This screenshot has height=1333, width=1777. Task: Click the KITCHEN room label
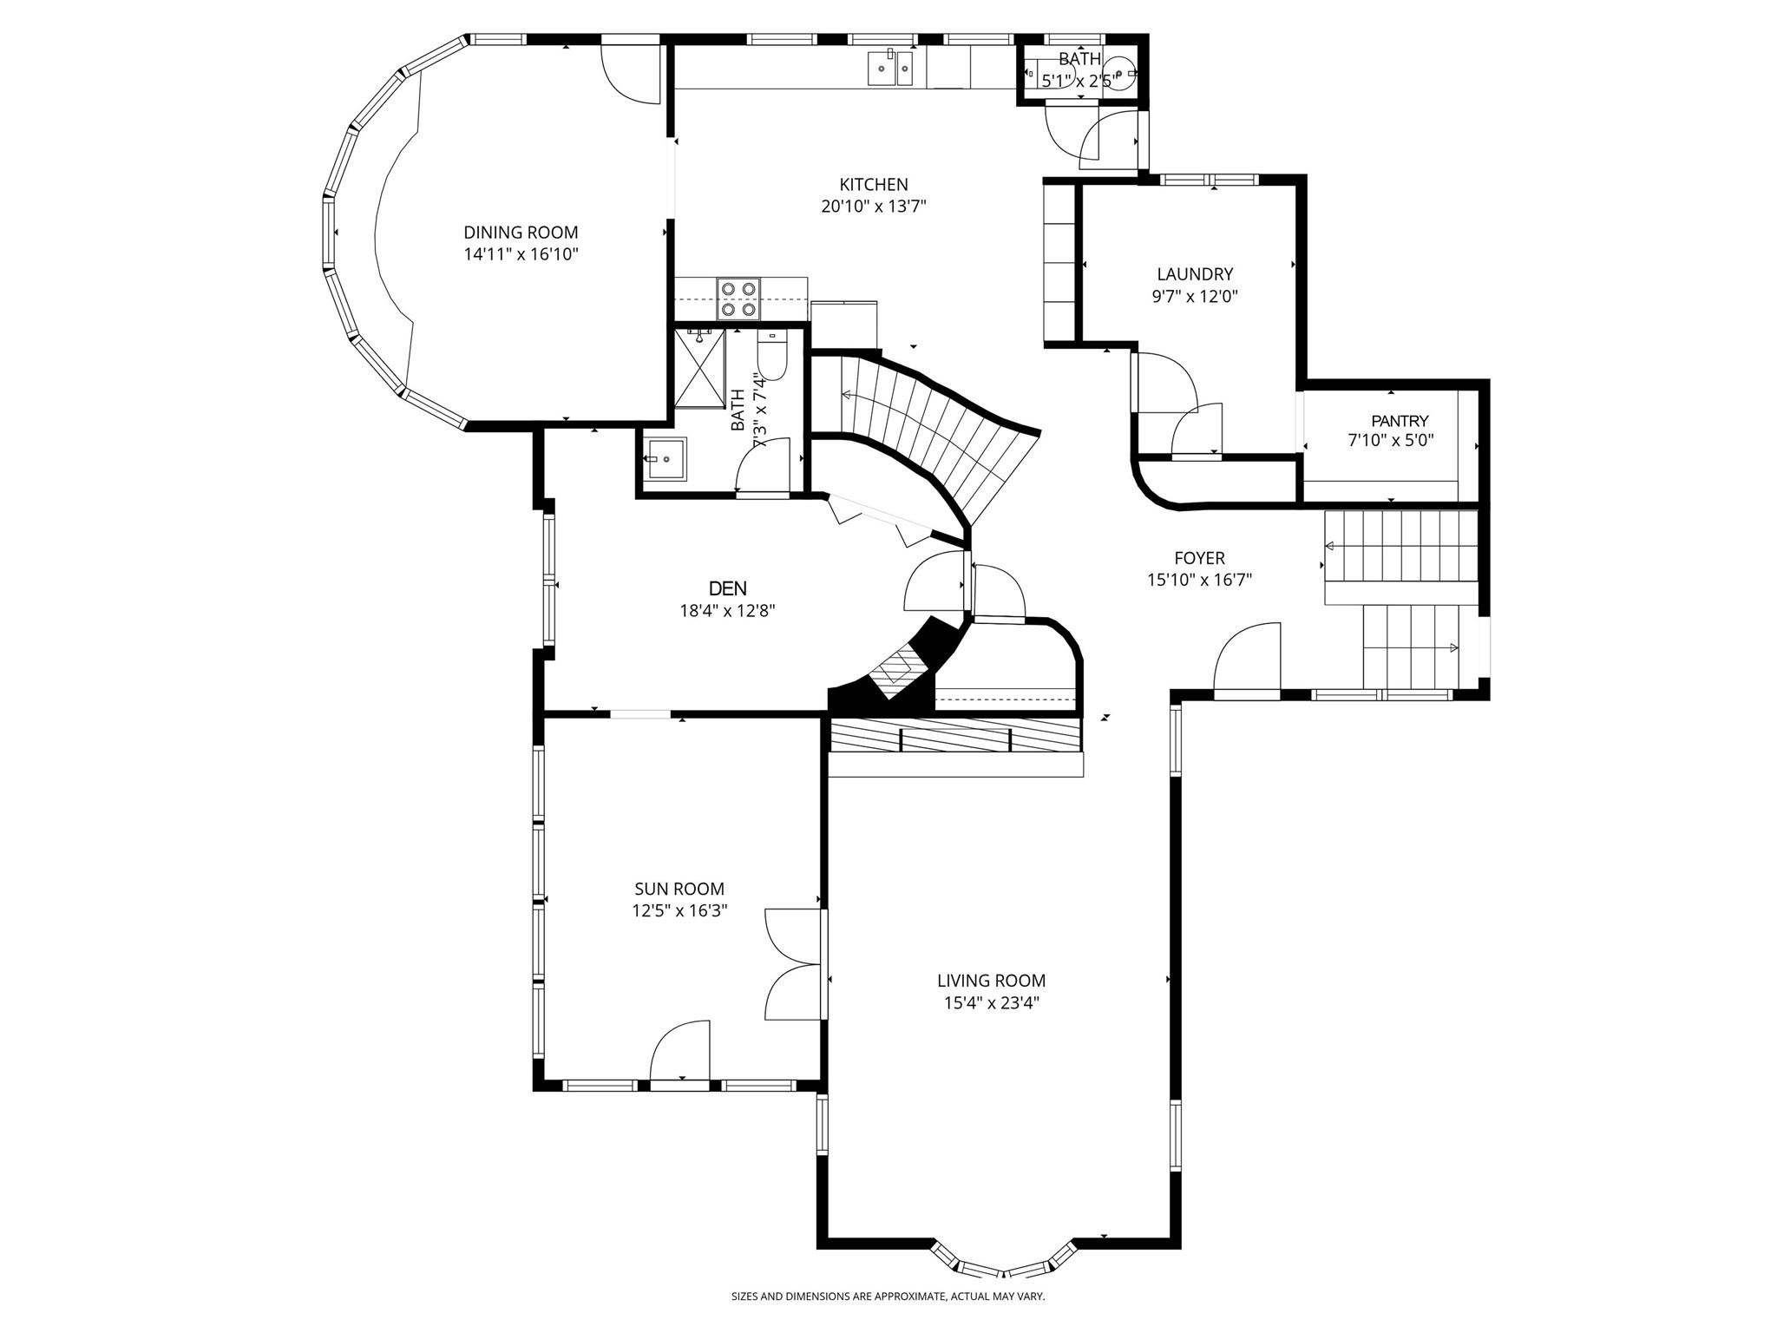pos(873,185)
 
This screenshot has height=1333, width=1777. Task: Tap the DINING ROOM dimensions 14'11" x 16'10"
pos(521,254)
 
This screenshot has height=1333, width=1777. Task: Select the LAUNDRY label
pos(1194,274)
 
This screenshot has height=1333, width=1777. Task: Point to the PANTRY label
pos(1399,421)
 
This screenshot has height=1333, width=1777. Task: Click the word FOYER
pos(1199,558)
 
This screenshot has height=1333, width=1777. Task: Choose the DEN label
pos(727,588)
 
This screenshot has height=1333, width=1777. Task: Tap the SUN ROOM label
pos(679,889)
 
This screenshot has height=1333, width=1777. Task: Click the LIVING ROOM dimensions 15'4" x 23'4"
pos(991,1003)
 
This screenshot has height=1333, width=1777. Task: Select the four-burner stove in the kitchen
pos(738,299)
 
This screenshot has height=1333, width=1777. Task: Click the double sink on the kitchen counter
pos(890,68)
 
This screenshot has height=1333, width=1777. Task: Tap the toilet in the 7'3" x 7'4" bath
pos(771,358)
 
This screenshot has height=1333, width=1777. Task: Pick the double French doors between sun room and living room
pos(794,964)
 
